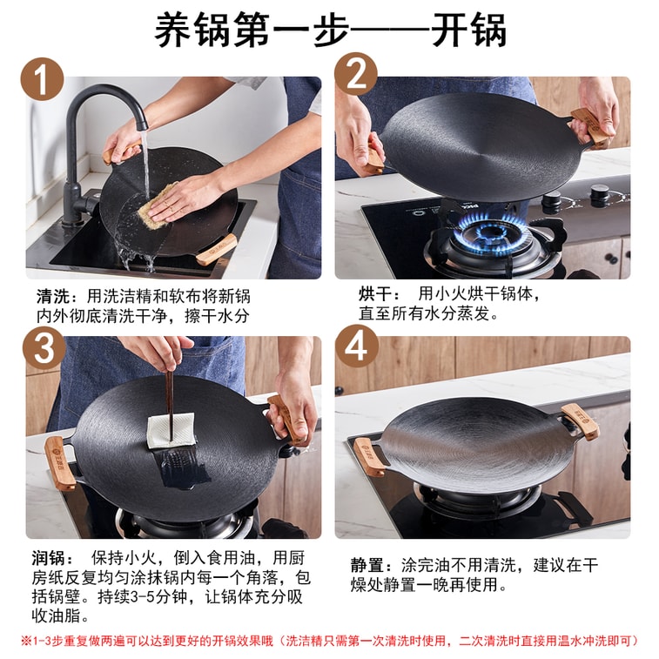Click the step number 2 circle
[355, 74]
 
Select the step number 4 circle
[356, 346]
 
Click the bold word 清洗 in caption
[51, 296]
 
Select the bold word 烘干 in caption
[375, 293]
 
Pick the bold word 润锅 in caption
[51, 557]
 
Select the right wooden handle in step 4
[581, 420]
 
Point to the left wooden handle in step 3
[60, 462]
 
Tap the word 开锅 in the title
[470, 31]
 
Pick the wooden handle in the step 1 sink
[216, 250]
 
